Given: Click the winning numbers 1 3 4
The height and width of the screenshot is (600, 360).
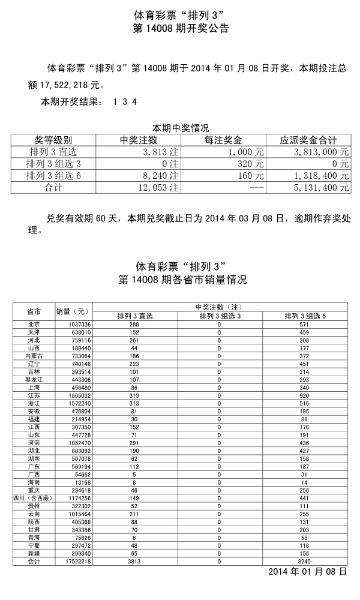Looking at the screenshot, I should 125,102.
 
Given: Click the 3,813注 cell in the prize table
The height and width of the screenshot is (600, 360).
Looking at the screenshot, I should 158,152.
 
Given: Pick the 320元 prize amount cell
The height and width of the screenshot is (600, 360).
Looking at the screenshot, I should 250,164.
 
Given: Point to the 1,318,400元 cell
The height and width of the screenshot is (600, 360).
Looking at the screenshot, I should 320,176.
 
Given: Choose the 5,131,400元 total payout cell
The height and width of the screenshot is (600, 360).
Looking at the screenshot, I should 320,188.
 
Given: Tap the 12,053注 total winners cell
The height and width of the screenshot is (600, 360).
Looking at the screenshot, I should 158,188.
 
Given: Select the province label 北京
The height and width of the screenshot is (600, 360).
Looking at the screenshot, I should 34,325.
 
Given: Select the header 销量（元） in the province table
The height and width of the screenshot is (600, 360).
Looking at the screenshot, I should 73,311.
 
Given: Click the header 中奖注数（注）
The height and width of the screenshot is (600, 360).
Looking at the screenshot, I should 219,307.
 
